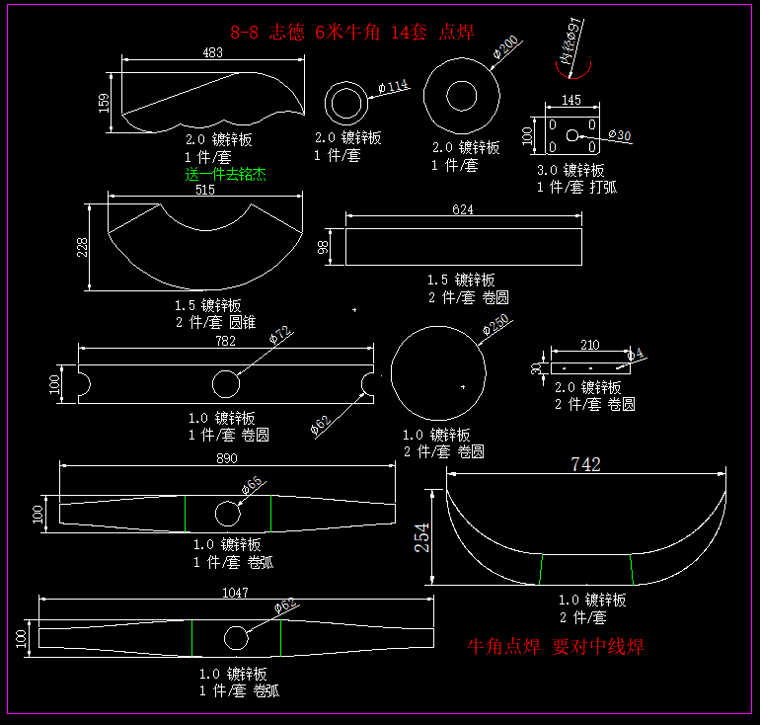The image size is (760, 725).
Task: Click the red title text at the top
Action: point(351,32)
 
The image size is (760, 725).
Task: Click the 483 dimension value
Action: point(212,52)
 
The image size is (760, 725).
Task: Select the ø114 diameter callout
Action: point(392,86)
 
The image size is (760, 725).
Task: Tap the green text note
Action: point(226,175)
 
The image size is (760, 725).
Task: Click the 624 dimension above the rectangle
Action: point(462,209)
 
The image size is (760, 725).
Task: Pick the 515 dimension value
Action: point(204,190)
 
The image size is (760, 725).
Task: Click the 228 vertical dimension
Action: point(83,246)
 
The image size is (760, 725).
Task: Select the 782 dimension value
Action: point(225,342)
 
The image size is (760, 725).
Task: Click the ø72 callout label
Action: point(281,336)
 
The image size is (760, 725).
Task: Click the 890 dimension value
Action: point(227,459)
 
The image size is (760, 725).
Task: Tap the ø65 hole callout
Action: point(252,483)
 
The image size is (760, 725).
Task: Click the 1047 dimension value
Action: point(235,593)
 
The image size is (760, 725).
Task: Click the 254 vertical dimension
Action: point(423,536)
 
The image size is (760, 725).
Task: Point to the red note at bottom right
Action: point(556,647)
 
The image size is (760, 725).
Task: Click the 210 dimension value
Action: point(589,345)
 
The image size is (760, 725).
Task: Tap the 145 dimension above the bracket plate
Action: point(570,100)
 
